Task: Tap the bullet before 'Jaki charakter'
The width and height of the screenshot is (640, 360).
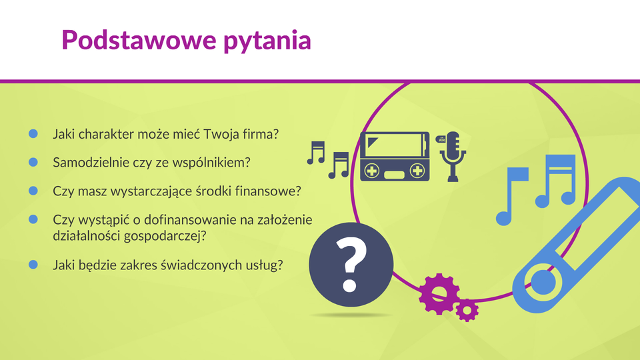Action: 33,133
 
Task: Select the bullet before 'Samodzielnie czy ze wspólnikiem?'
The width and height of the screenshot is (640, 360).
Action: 33,162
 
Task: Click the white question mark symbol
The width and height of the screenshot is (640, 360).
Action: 351,265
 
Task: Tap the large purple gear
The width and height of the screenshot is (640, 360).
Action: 439,294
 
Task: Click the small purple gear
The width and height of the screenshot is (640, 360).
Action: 467,311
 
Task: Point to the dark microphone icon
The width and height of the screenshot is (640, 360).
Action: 453,156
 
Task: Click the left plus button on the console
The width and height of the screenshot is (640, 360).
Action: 372,171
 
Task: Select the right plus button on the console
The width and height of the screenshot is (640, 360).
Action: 417,171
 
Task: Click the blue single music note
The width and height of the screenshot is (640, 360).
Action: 511,196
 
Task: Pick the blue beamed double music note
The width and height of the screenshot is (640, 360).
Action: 555,181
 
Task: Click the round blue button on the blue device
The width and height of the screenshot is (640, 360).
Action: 543,282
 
